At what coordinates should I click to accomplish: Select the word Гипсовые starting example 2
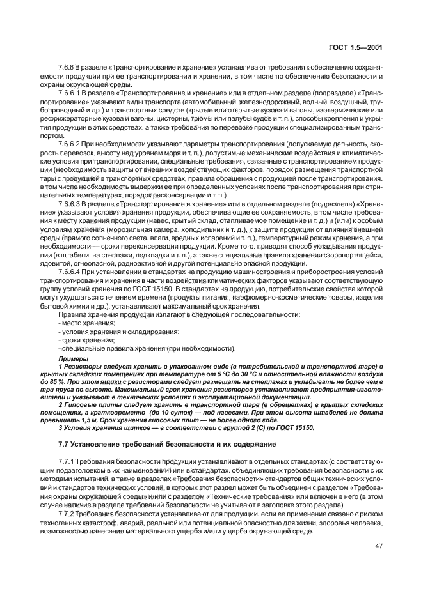tap(79, 404)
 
